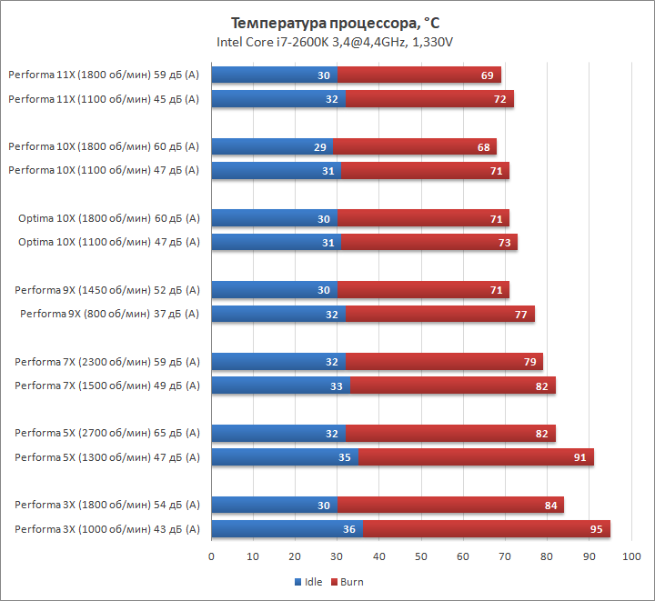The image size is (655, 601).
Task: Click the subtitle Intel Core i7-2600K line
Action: [x=335, y=42]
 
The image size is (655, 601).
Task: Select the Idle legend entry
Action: [x=309, y=582]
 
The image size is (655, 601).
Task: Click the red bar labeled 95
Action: [x=486, y=529]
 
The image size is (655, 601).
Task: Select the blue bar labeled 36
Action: [x=287, y=529]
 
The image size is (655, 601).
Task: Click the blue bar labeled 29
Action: [x=272, y=146]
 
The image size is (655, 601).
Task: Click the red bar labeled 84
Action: [x=450, y=505]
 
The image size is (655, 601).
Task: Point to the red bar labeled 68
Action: [x=414, y=146]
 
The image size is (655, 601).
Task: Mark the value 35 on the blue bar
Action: [x=344, y=457]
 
